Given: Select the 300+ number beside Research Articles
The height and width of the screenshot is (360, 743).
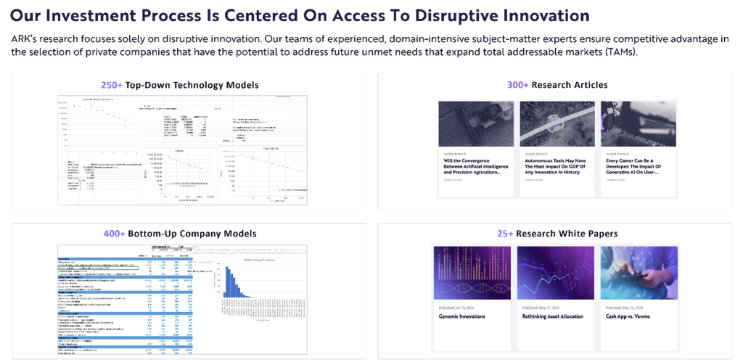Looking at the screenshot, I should [518, 85].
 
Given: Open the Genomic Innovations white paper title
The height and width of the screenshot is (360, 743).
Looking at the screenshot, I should [462, 316].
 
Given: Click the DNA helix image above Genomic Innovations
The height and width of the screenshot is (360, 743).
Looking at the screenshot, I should [472, 273].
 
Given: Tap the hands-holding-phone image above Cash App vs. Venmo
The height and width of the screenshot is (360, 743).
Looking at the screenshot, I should [639, 273].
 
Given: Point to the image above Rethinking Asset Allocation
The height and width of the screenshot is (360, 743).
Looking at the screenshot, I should [556, 273].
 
